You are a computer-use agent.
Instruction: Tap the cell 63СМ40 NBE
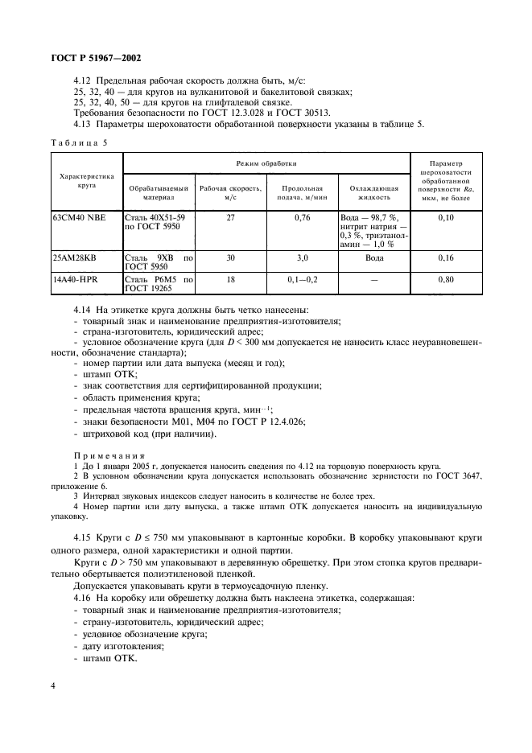pos(78,217)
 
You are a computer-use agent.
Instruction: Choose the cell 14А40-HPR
pos(76,280)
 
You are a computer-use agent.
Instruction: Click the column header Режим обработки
pos(266,163)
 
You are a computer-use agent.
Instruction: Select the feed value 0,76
pos(302,217)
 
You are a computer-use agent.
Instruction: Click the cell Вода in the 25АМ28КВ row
pos(374,259)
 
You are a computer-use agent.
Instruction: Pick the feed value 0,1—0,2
pos(302,280)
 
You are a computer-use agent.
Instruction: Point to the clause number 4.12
pos(83,80)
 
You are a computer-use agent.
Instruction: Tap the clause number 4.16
pos(83,599)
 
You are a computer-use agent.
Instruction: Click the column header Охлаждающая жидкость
pos(374,191)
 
